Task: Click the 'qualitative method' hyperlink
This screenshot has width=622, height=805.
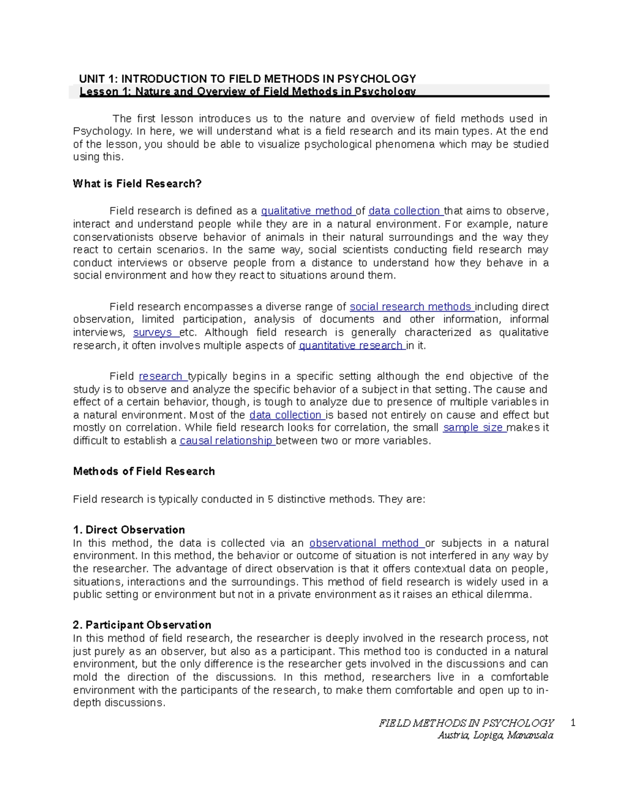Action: point(307,211)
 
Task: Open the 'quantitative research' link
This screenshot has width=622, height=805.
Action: point(351,346)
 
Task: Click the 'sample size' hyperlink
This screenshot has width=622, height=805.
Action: point(473,428)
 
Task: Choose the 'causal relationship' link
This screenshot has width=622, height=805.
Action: point(226,441)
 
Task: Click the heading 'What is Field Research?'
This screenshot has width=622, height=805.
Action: point(137,184)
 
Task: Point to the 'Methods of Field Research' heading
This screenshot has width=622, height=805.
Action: point(144,471)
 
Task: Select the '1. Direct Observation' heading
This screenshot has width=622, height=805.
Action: point(129,530)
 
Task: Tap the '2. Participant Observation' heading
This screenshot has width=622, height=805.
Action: point(142,625)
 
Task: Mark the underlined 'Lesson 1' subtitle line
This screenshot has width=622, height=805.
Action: point(247,92)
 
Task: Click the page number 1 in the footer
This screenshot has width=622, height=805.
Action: point(573,723)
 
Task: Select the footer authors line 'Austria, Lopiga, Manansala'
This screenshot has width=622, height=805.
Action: point(495,736)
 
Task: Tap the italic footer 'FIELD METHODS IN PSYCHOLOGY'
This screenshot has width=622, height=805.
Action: point(466,723)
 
